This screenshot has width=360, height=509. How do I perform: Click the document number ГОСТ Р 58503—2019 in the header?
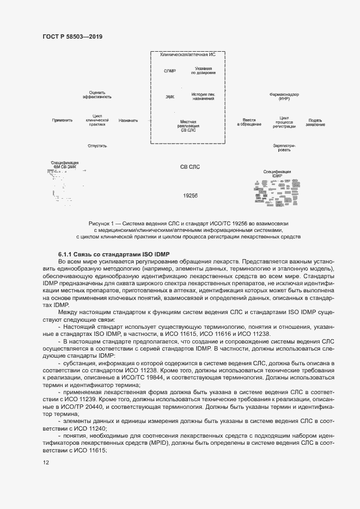pos(72,36)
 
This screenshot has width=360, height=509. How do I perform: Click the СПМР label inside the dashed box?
pos(170,71)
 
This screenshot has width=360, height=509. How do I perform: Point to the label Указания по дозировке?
pos(203,71)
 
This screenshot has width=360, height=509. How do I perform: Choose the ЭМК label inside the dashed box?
pos(170,97)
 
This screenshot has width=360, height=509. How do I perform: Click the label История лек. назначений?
pos(203,97)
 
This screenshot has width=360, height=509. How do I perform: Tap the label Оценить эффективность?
pos(97,95)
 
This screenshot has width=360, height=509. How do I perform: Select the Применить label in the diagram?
pos(62,120)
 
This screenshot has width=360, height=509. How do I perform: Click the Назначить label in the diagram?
pos(128,120)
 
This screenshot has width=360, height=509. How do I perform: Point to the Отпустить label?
pos(97,146)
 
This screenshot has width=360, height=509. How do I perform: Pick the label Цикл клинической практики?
pos(97,120)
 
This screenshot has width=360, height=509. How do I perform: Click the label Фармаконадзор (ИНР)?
pos(284,97)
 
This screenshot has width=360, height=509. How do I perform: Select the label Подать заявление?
pos(315,122)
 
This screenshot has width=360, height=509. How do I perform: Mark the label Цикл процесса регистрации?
pos(284,122)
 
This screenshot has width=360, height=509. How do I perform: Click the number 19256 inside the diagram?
pos(190,195)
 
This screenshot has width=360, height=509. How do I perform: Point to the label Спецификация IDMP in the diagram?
pos(277,174)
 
